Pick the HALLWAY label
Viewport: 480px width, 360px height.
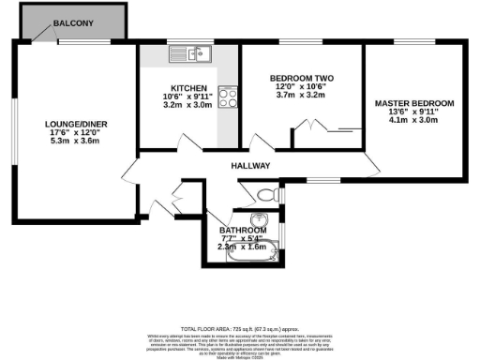pos(251,166)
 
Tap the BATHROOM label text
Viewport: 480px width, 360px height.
pos(242,230)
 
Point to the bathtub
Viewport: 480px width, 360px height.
pos(247,251)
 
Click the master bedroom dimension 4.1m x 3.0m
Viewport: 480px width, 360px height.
pos(413,121)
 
